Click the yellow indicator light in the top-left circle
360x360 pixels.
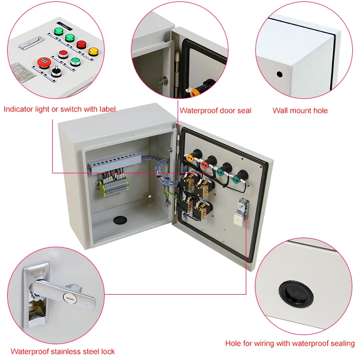pyautogui.click(x=93, y=50)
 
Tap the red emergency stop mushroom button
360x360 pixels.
pyautogui.click(x=43, y=63)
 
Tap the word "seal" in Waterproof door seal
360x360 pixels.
pyautogui.click(x=243, y=110)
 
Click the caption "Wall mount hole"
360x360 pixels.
pyautogui.click(x=300, y=110)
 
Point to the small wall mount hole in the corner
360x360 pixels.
pyautogui.click(x=279, y=75)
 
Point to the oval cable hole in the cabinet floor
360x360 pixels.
pyautogui.click(x=119, y=220)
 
